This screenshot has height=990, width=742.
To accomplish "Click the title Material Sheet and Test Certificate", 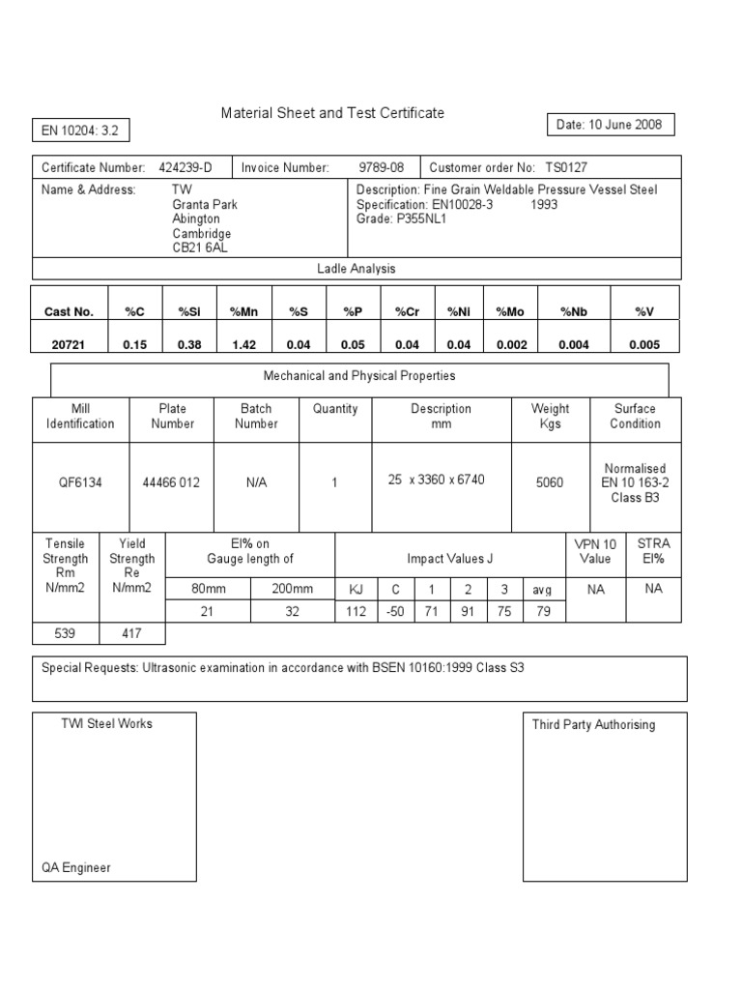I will click(x=332, y=113).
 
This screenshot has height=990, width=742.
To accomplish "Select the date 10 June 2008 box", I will click(x=609, y=125).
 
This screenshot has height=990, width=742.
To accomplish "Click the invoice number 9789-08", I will click(x=381, y=167).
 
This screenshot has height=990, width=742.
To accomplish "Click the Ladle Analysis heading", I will click(x=357, y=269).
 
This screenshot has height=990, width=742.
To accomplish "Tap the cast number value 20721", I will click(x=70, y=345).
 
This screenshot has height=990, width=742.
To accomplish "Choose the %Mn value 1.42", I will click(x=243, y=345).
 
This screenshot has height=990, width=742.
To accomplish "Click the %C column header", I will click(x=135, y=311).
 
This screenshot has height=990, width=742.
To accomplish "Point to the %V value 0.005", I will click(x=644, y=345).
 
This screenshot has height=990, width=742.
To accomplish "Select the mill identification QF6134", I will click(x=80, y=482).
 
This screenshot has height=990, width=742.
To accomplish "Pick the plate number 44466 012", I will click(x=172, y=482).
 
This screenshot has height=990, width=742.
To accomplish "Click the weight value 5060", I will click(x=549, y=482).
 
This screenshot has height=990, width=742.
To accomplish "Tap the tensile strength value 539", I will click(x=66, y=633).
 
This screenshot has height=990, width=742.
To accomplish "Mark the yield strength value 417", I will click(x=131, y=633).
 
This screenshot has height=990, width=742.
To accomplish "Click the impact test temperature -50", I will click(x=394, y=612).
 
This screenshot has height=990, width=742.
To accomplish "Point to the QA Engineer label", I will click(x=76, y=867).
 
